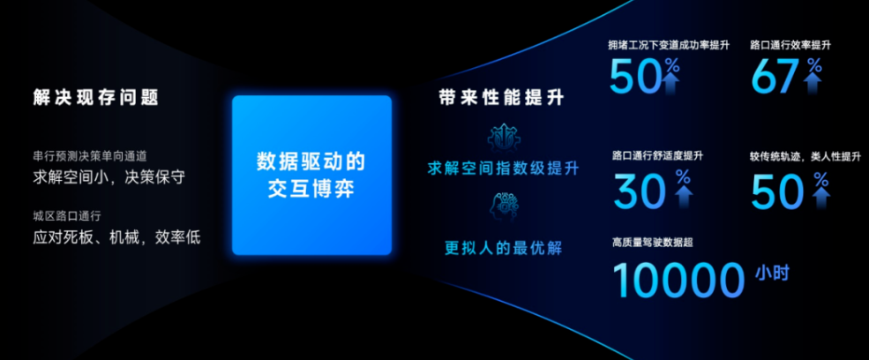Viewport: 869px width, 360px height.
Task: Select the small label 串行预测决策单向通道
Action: (x=89, y=156)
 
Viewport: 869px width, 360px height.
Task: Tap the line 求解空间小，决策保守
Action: (x=109, y=176)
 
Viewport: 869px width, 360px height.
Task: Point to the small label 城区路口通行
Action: (x=67, y=216)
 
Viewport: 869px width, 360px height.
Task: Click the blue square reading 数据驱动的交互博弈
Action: (x=311, y=175)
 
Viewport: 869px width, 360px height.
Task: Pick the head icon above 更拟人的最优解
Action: (x=500, y=206)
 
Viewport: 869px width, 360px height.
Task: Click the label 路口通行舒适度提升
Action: (x=657, y=156)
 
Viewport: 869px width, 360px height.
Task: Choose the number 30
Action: (x=640, y=190)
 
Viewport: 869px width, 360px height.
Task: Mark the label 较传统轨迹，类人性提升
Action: (x=805, y=157)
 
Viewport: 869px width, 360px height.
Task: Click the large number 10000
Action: (x=678, y=280)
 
